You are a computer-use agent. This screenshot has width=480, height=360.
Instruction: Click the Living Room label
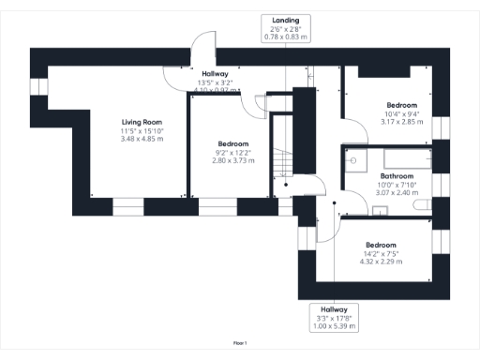141,122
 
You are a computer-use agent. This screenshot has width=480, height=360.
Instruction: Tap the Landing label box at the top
285,28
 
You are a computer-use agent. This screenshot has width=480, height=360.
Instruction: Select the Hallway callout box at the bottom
334,315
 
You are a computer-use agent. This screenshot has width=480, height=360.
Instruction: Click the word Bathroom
398,176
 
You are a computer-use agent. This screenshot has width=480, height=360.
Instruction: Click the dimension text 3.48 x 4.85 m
141,139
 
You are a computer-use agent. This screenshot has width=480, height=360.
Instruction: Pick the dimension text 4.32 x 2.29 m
381,262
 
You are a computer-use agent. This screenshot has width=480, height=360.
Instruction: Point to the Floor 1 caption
239,344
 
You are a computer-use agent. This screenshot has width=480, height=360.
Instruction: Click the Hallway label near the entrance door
215,73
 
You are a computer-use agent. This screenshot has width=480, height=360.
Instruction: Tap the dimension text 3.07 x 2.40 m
398,193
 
